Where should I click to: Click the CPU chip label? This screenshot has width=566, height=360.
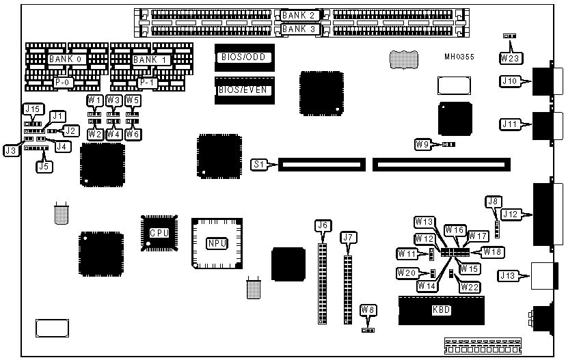click(159, 232)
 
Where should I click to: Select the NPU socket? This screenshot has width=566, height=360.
click(216, 243)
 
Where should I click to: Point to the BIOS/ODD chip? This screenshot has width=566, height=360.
click(244, 57)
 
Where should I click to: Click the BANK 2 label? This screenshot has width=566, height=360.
click(298, 15)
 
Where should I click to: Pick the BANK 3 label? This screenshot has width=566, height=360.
click(298, 29)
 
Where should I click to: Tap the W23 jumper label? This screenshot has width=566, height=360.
click(509, 58)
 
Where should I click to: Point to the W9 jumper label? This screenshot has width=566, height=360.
click(423, 144)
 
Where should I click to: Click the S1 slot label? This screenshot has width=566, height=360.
click(259, 164)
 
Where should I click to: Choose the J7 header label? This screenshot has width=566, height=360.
click(349, 238)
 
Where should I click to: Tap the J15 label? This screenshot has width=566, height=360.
click(32, 109)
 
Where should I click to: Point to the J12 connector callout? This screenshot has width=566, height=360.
click(509, 214)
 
